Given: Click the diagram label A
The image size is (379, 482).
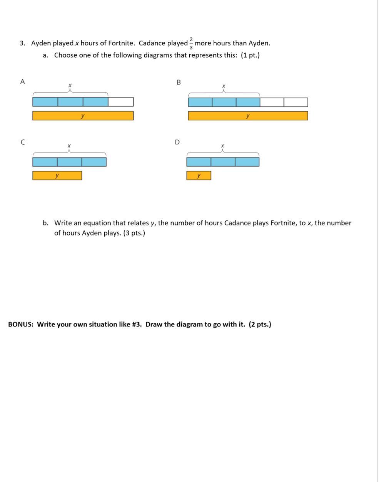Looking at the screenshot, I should (x=22, y=81).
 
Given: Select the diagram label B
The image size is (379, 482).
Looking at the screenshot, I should (x=178, y=82).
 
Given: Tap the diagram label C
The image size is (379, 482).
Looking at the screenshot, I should (x=23, y=142).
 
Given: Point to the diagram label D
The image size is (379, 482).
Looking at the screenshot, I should (x=177, y=142).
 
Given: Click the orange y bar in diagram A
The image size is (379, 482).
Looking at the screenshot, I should (x=83, y=116).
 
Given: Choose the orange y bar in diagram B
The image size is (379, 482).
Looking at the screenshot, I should (x=248, y=116).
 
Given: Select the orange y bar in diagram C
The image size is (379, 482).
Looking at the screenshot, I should (x=57, y=176).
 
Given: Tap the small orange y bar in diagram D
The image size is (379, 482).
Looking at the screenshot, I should (x=199, y=176).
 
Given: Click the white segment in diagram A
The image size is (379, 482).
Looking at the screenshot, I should (x=121, y=102).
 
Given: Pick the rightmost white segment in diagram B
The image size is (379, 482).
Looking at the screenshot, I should (x=296, y=102).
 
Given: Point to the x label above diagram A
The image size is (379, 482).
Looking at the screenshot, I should (x=70, y=85).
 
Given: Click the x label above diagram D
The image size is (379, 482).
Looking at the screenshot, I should (x=222, y=146).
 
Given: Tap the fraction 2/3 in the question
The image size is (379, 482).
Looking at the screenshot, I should (x=191, y=43).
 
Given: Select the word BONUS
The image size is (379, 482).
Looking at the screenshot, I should (x=21, y=324).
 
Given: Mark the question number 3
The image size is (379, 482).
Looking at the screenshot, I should (x=22, y=43).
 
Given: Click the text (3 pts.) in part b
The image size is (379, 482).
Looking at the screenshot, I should (x=134, y=233).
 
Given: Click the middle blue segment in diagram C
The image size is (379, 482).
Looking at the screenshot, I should (x=69, y=162).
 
